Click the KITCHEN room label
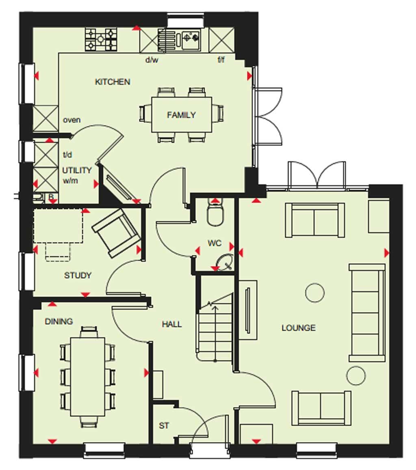pos(113,82)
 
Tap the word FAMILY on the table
pos(181,115)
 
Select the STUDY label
pos(78,275)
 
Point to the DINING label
pos(59,321)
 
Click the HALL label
pos(171,324)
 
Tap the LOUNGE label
pos(299,328)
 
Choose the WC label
pos(214,243)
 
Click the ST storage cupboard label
pos(164,425)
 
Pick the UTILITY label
pos(77,170)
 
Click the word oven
pos(71,120)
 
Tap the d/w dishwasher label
pos(152,60)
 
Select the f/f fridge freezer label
pos(221,60)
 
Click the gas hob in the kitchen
pos(101,39)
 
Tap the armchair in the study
pos(116,233)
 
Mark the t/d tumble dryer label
pos(67,155)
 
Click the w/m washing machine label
pos(70,181)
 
